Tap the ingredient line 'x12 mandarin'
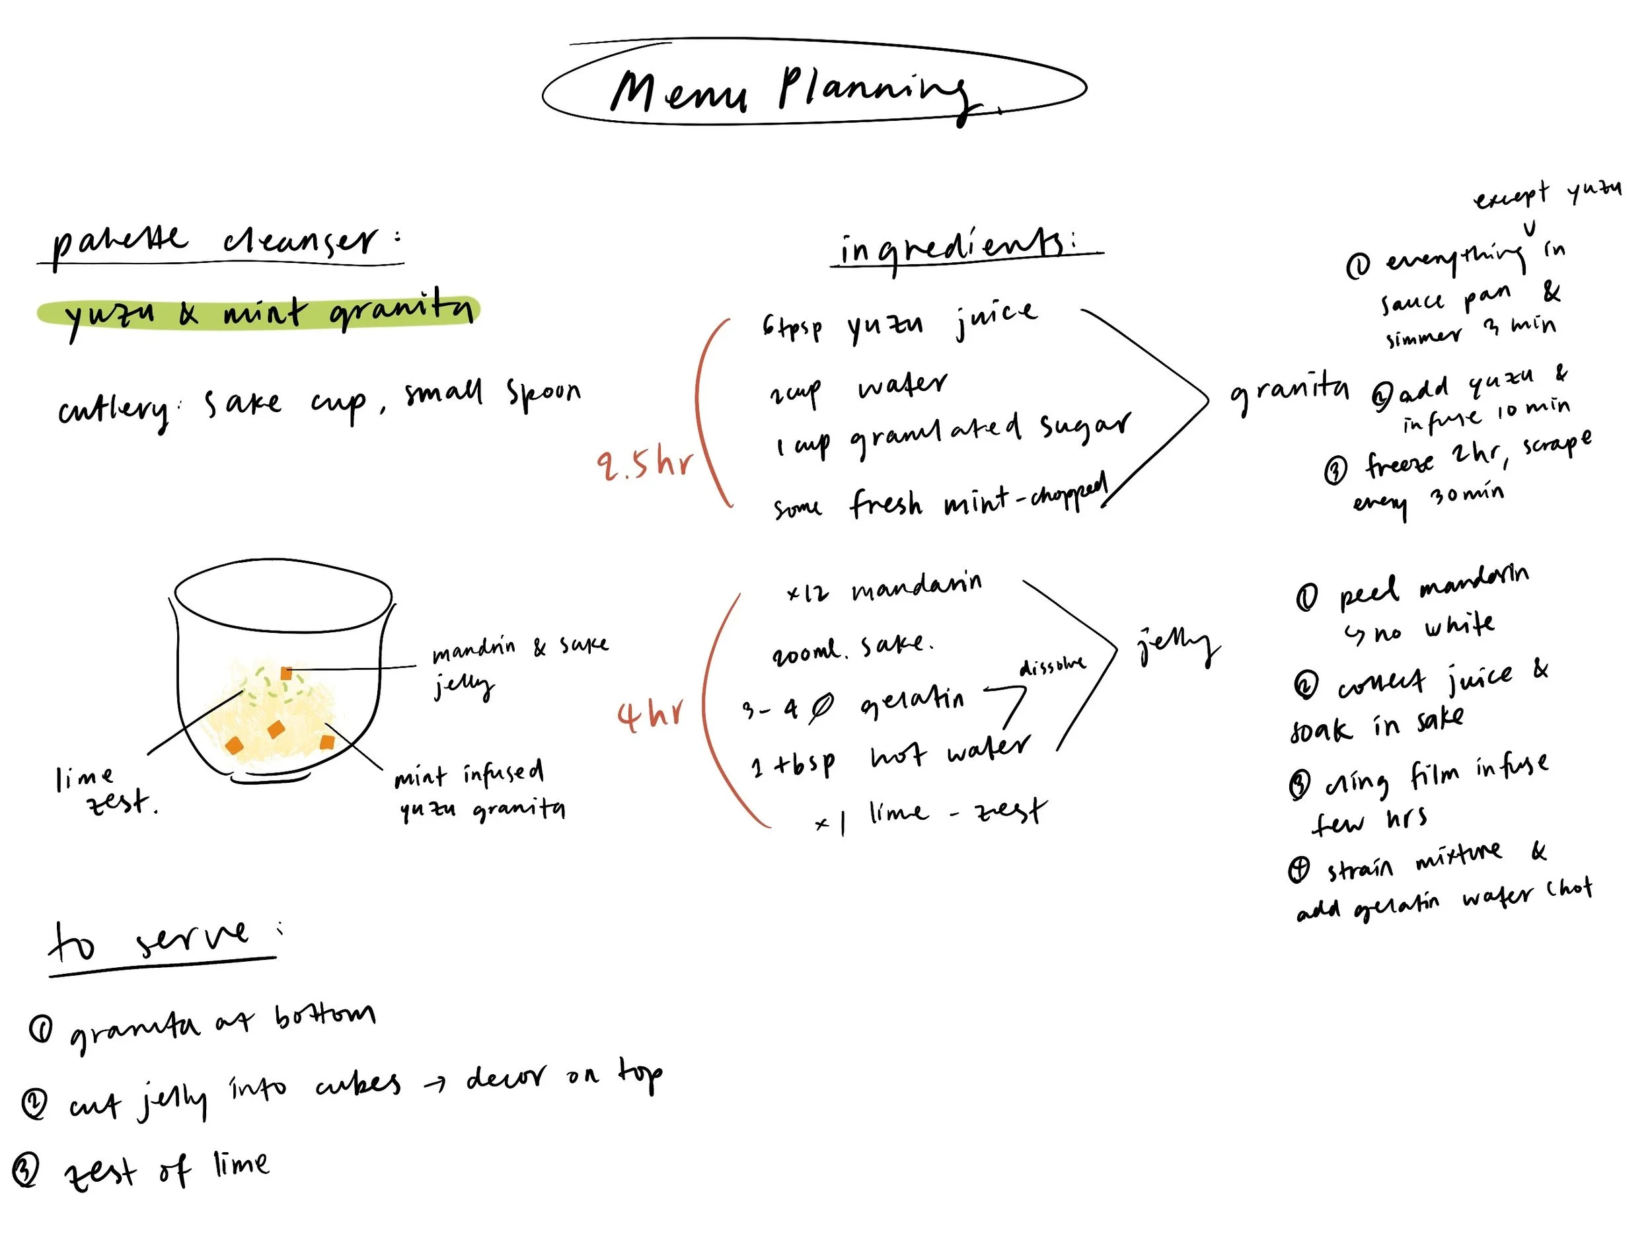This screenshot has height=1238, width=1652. pos(885,588)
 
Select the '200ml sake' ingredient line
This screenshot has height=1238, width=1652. pos(851,648)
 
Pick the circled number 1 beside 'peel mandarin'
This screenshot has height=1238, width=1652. pos(1307,597)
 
